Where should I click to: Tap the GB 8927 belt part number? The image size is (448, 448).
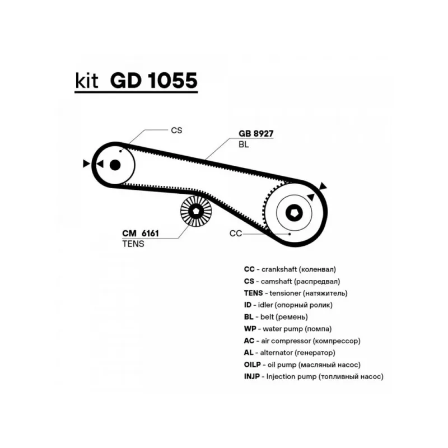click(256, 133)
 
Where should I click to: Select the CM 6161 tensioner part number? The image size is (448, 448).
click(141, 234)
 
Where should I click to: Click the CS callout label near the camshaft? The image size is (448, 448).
click(176, 130)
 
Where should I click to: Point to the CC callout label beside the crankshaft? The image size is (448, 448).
click(235, 234)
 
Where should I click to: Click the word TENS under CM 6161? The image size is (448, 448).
click(133, 244)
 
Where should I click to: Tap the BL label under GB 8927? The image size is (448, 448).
click(244, 144)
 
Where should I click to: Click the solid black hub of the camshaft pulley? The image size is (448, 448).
click(115, 165)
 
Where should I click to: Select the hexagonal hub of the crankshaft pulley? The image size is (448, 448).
click(295, 213)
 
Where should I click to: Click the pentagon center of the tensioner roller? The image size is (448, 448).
click(196, 212)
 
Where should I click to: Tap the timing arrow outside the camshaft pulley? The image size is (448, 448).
click(86, 164)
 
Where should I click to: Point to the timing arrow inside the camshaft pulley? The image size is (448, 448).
click(100, 164)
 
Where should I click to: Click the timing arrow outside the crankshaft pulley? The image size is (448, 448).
click(323, 186)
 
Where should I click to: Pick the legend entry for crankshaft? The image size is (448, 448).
click(290, 269)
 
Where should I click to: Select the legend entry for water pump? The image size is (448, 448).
click(288, 329)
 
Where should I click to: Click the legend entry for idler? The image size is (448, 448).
click(288, 305)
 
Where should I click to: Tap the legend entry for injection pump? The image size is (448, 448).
click(314, 376)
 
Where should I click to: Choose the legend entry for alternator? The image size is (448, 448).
click(290, 353)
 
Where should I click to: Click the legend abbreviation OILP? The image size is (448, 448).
click(253, 365)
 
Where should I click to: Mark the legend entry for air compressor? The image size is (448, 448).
click(302, 341)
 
